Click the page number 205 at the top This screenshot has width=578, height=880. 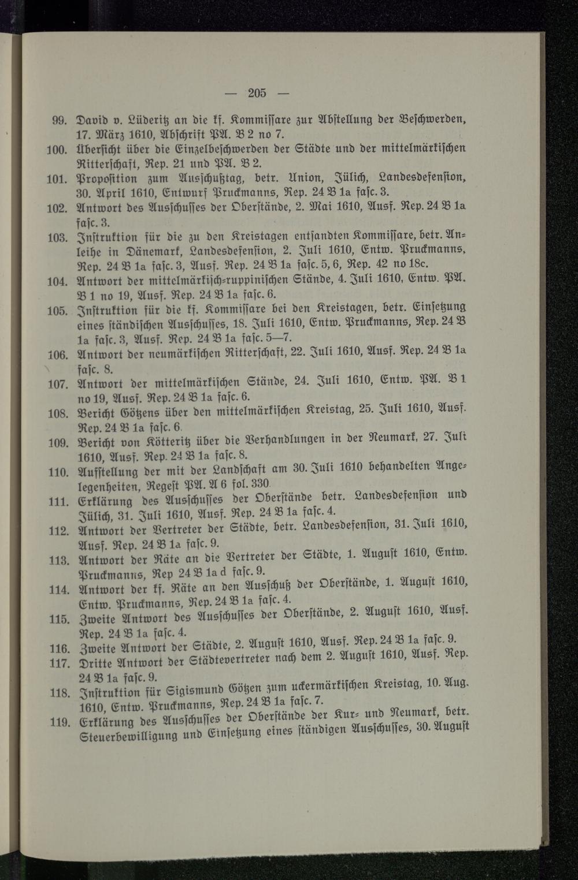(x=257, y=92)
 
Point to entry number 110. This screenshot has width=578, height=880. (x=58, y=472)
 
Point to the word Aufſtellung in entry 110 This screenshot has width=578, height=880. (x=106, y=471)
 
